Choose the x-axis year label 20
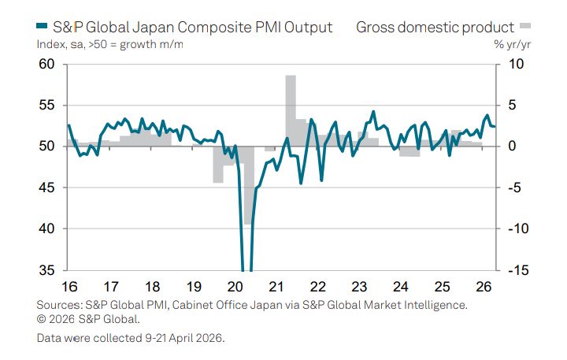click(235, 287)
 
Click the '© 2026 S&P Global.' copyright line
click(88, 319)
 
